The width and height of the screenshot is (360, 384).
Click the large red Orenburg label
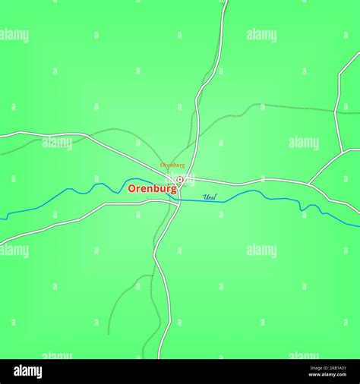[152, 188]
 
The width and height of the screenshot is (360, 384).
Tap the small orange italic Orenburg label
[172, 165]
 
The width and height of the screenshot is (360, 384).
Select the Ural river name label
[210, 197]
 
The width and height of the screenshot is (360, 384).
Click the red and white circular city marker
[180, 180]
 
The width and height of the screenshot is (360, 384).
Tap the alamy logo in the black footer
[28, 371]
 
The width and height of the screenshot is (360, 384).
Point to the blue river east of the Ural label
[281, 200]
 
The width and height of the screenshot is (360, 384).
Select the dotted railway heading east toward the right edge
[304, 109]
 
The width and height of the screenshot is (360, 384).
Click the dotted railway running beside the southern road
[151, 304]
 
